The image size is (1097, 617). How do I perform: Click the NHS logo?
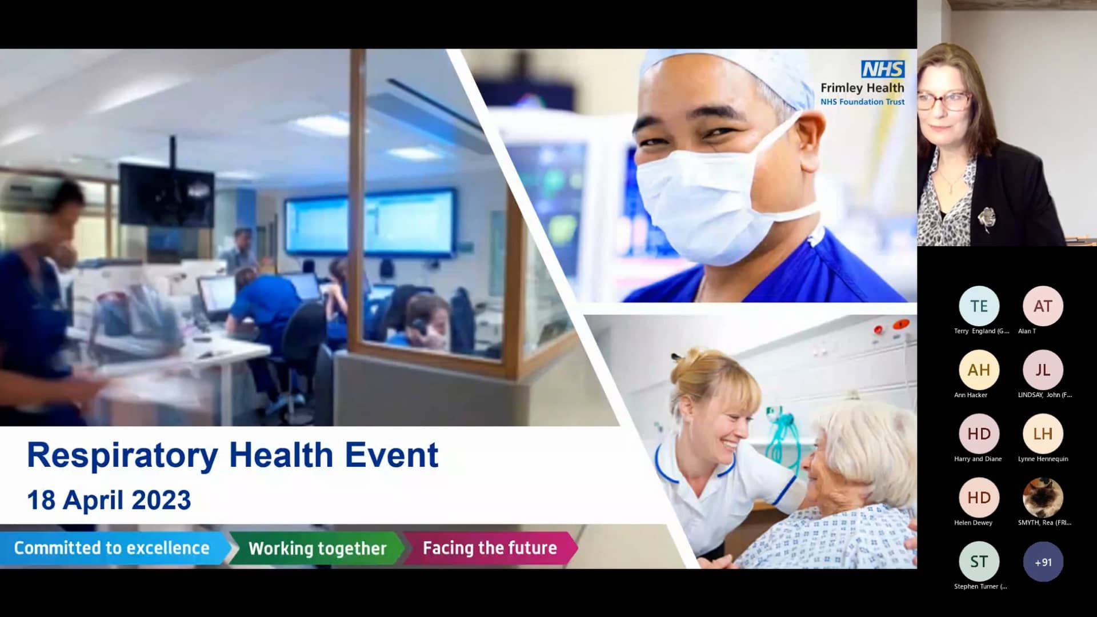pyautogui.click(x=883, y=69)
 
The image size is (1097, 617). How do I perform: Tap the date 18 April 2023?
pyautogui.click(x=109, y=500)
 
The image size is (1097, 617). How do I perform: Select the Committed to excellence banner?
pyautogui.click(x=112, y=548)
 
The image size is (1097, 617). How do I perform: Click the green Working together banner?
pyautogui.click(x=317, y=548)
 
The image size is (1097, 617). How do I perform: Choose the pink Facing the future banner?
pyautogui.click(x=490, y=548)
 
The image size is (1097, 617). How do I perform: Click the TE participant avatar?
pyautogui.click(x=979, y=306)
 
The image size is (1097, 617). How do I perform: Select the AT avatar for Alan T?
pyautogui.click(x=1043, y=306)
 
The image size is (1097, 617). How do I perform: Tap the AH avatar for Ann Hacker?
pyautogui.click(x=979, y=370)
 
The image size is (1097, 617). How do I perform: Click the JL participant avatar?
pyautogui.click(x=1043, y=370)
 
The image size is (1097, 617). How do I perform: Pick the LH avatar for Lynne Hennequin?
pyautogui.click(x=1043, y=434)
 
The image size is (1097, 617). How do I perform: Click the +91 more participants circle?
pyautogui.click(x=1043, y=562)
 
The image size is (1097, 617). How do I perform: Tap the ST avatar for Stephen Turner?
pyautogui.click(x=979, y=562)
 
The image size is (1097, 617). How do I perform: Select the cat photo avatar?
pyautogui.click(x=1043, y=498)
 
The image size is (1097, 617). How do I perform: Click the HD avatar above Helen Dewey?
pyautogui.click(x=979, y=498)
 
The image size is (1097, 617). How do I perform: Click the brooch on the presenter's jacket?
pyautogui.click(x=986, y=218)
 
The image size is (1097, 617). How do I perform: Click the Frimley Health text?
pyautogui.click(x=862, y=88)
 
